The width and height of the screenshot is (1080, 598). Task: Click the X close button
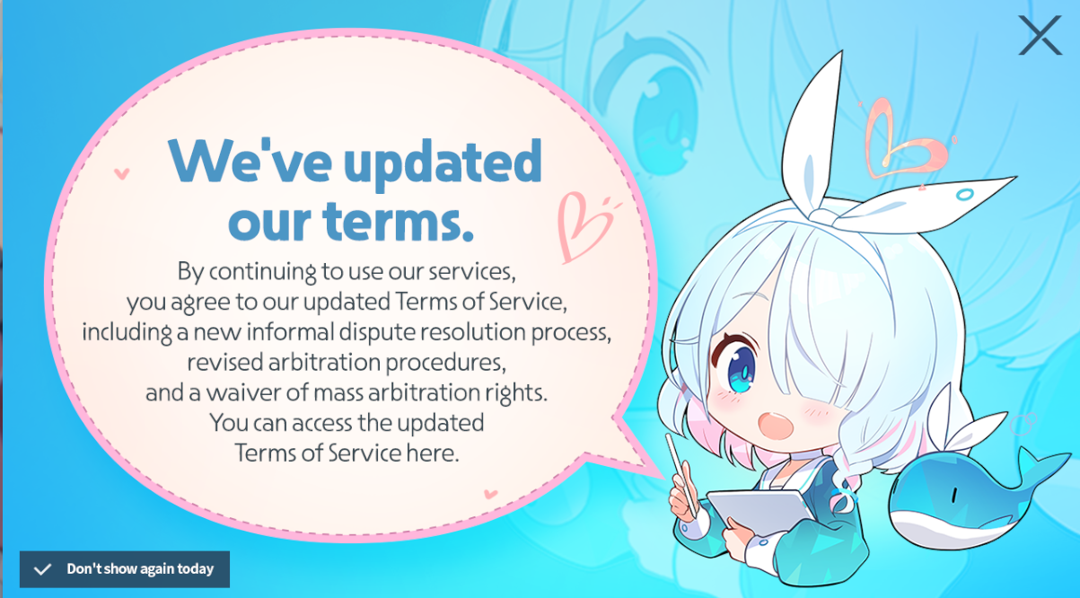click(x=1040, y=35)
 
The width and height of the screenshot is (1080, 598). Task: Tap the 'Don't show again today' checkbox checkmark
click(x=42, y=569)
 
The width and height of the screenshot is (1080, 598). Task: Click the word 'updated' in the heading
click(x=443, y=162)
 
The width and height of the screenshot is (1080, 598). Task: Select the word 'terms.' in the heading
click(x=399, y=221)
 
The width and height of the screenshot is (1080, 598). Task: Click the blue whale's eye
click(x=953, y=496)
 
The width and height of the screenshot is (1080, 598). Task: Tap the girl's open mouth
click(x=776, y=425)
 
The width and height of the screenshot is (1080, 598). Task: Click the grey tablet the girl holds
click(x=757, y=511)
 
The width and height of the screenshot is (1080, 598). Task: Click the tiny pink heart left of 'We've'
click(x=121, y=173)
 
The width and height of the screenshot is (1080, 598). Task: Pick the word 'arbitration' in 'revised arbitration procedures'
click(x=324, y=362)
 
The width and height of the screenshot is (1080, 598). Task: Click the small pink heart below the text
click(x=490, y=493)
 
